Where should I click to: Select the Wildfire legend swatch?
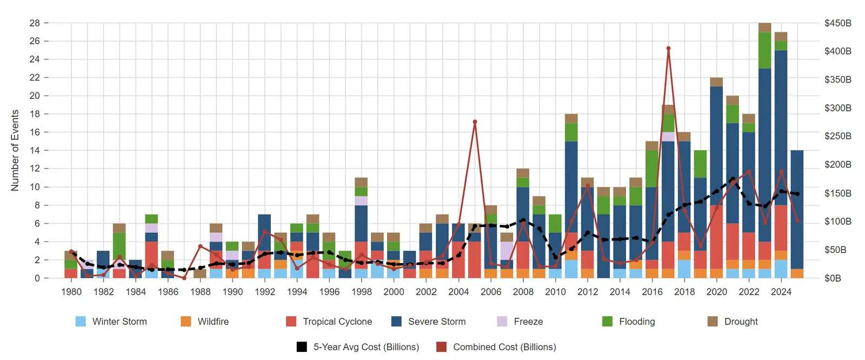click(x=186, y=322)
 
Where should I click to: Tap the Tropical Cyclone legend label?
click(x=337, y=322)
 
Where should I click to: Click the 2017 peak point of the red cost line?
click(x=668, y=48)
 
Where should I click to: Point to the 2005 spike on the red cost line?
click(x=475, y=122)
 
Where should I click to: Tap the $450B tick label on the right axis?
click(x=837, y=23)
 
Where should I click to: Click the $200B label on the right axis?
click(x=837, y=164)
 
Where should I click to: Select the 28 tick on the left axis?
click(x=35, y=23)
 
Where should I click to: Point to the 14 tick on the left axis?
click(x=35, y=150)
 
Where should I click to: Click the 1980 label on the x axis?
click(x=71, y=292)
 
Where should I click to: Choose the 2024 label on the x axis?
click(x=781, y=292)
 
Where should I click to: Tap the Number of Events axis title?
click(x=15, y=150)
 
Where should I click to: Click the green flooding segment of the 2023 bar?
click(x=764, y=50)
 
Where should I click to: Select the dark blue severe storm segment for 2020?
click(x=716, y=146)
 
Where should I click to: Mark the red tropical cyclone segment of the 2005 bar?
click(x=475, y=259)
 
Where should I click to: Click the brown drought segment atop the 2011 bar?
click(x=571, y=118)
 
